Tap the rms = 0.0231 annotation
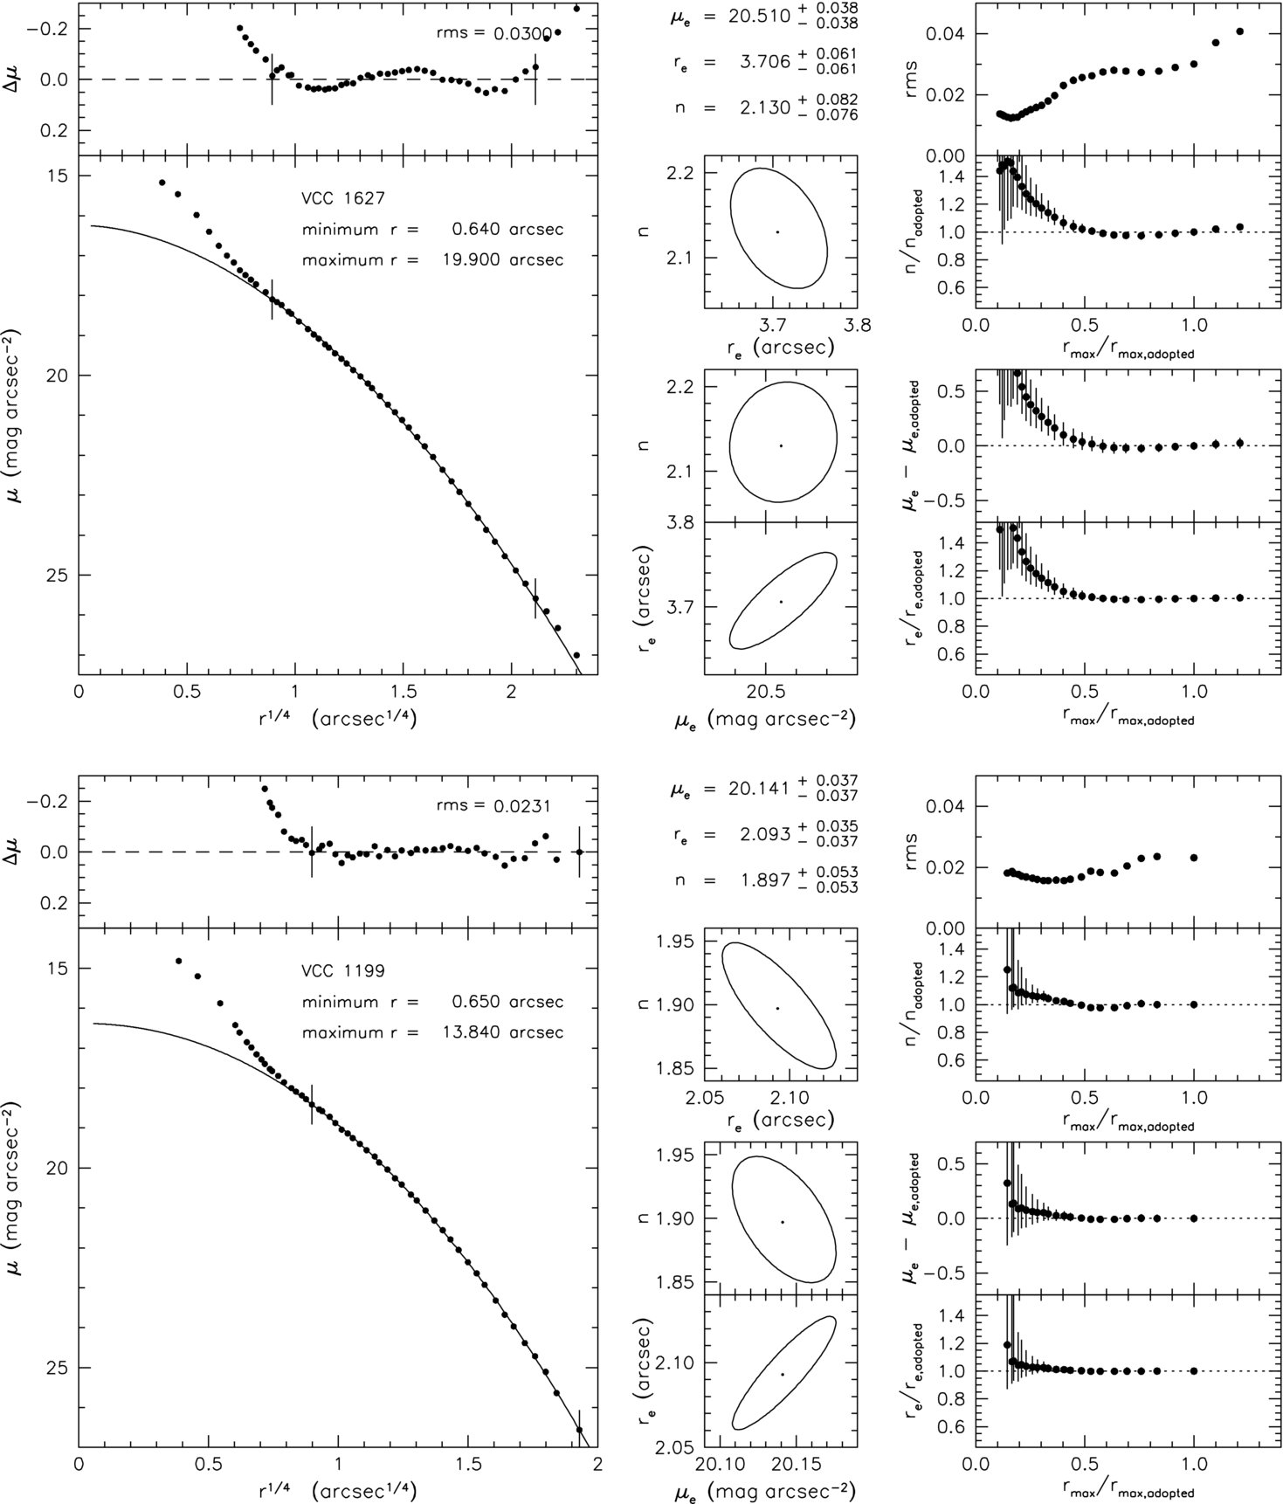493,806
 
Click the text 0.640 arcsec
507,230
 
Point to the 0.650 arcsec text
507,1002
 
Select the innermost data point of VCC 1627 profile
162,183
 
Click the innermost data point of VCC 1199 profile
178,961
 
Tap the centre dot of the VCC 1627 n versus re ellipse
776,231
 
